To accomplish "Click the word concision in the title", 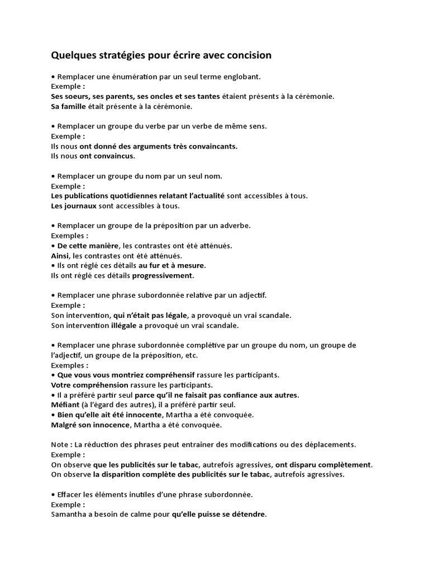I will pos(246,55).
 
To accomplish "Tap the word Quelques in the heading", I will pos(73,55).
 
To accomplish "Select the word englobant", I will pos(242,77).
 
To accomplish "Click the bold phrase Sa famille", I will pos(70,106).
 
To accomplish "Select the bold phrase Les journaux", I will pos(74,206).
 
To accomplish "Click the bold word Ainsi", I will pos(59,255).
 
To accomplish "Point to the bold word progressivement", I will pos(163,275).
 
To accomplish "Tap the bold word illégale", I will pos(123,325).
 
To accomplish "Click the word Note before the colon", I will pos(60,445).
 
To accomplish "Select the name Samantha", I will pos(70,514).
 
